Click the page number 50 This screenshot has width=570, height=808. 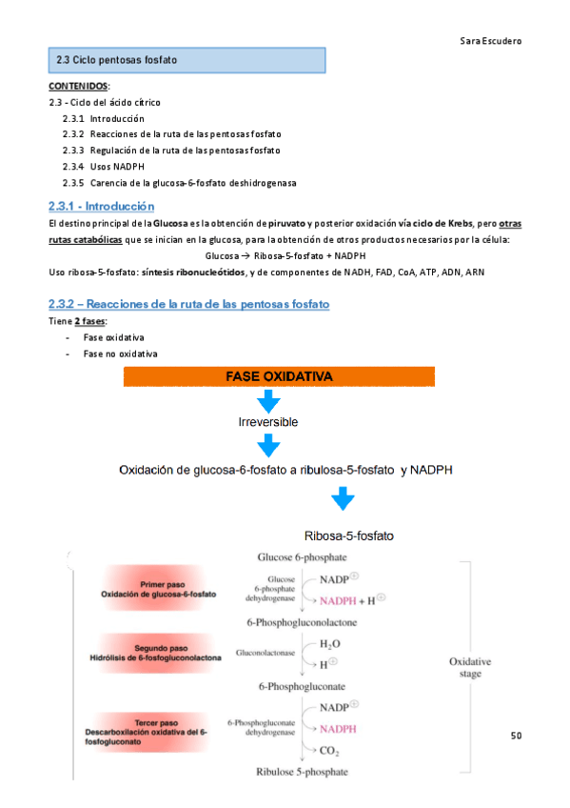point(517,736)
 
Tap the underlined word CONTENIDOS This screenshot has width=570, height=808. point(78,87)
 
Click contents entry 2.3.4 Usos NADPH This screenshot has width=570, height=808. point(104,167)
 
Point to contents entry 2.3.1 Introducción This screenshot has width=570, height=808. point(103,118)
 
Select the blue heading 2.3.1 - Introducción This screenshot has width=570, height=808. point(102,206)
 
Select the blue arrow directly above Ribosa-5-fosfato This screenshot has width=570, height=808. point(343,499)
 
